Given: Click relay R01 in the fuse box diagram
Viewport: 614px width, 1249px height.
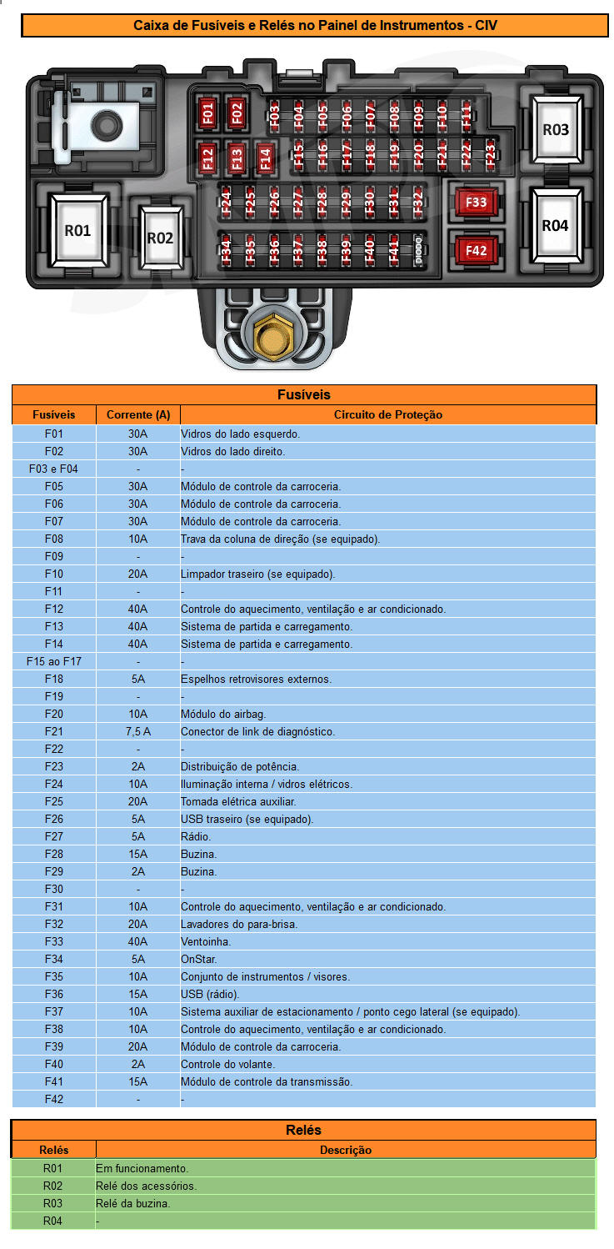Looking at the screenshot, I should point(77,231).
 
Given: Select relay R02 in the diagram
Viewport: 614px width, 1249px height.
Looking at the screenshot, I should point(160,238).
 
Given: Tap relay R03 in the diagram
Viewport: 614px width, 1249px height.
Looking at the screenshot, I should point(556,129).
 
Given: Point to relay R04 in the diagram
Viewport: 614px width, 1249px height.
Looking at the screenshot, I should point(555,225).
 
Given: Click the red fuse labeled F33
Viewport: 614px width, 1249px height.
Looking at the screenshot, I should point(477,203).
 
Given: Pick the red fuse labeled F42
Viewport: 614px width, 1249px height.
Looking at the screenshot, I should point(477,250).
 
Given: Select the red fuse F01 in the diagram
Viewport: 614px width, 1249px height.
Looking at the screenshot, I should point(208,113).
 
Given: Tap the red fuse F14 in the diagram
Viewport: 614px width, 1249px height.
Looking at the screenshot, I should point(265,158).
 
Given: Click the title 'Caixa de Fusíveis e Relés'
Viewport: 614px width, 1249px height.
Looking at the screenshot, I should point(315,26).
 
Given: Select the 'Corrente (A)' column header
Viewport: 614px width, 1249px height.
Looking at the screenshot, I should point(138,414).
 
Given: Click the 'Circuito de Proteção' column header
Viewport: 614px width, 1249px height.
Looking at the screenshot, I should point(388,414).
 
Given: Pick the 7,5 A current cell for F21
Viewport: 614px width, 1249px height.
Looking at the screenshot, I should point(138,731).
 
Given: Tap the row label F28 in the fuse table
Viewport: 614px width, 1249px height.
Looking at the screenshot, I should point(54,854).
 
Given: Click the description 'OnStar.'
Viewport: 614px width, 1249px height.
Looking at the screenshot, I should point(199,959).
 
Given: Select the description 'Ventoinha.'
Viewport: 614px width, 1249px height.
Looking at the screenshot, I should point(206,941).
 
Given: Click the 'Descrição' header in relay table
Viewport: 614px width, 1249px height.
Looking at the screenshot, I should point(346,1150).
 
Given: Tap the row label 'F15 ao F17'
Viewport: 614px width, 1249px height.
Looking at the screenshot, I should point(54,661).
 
